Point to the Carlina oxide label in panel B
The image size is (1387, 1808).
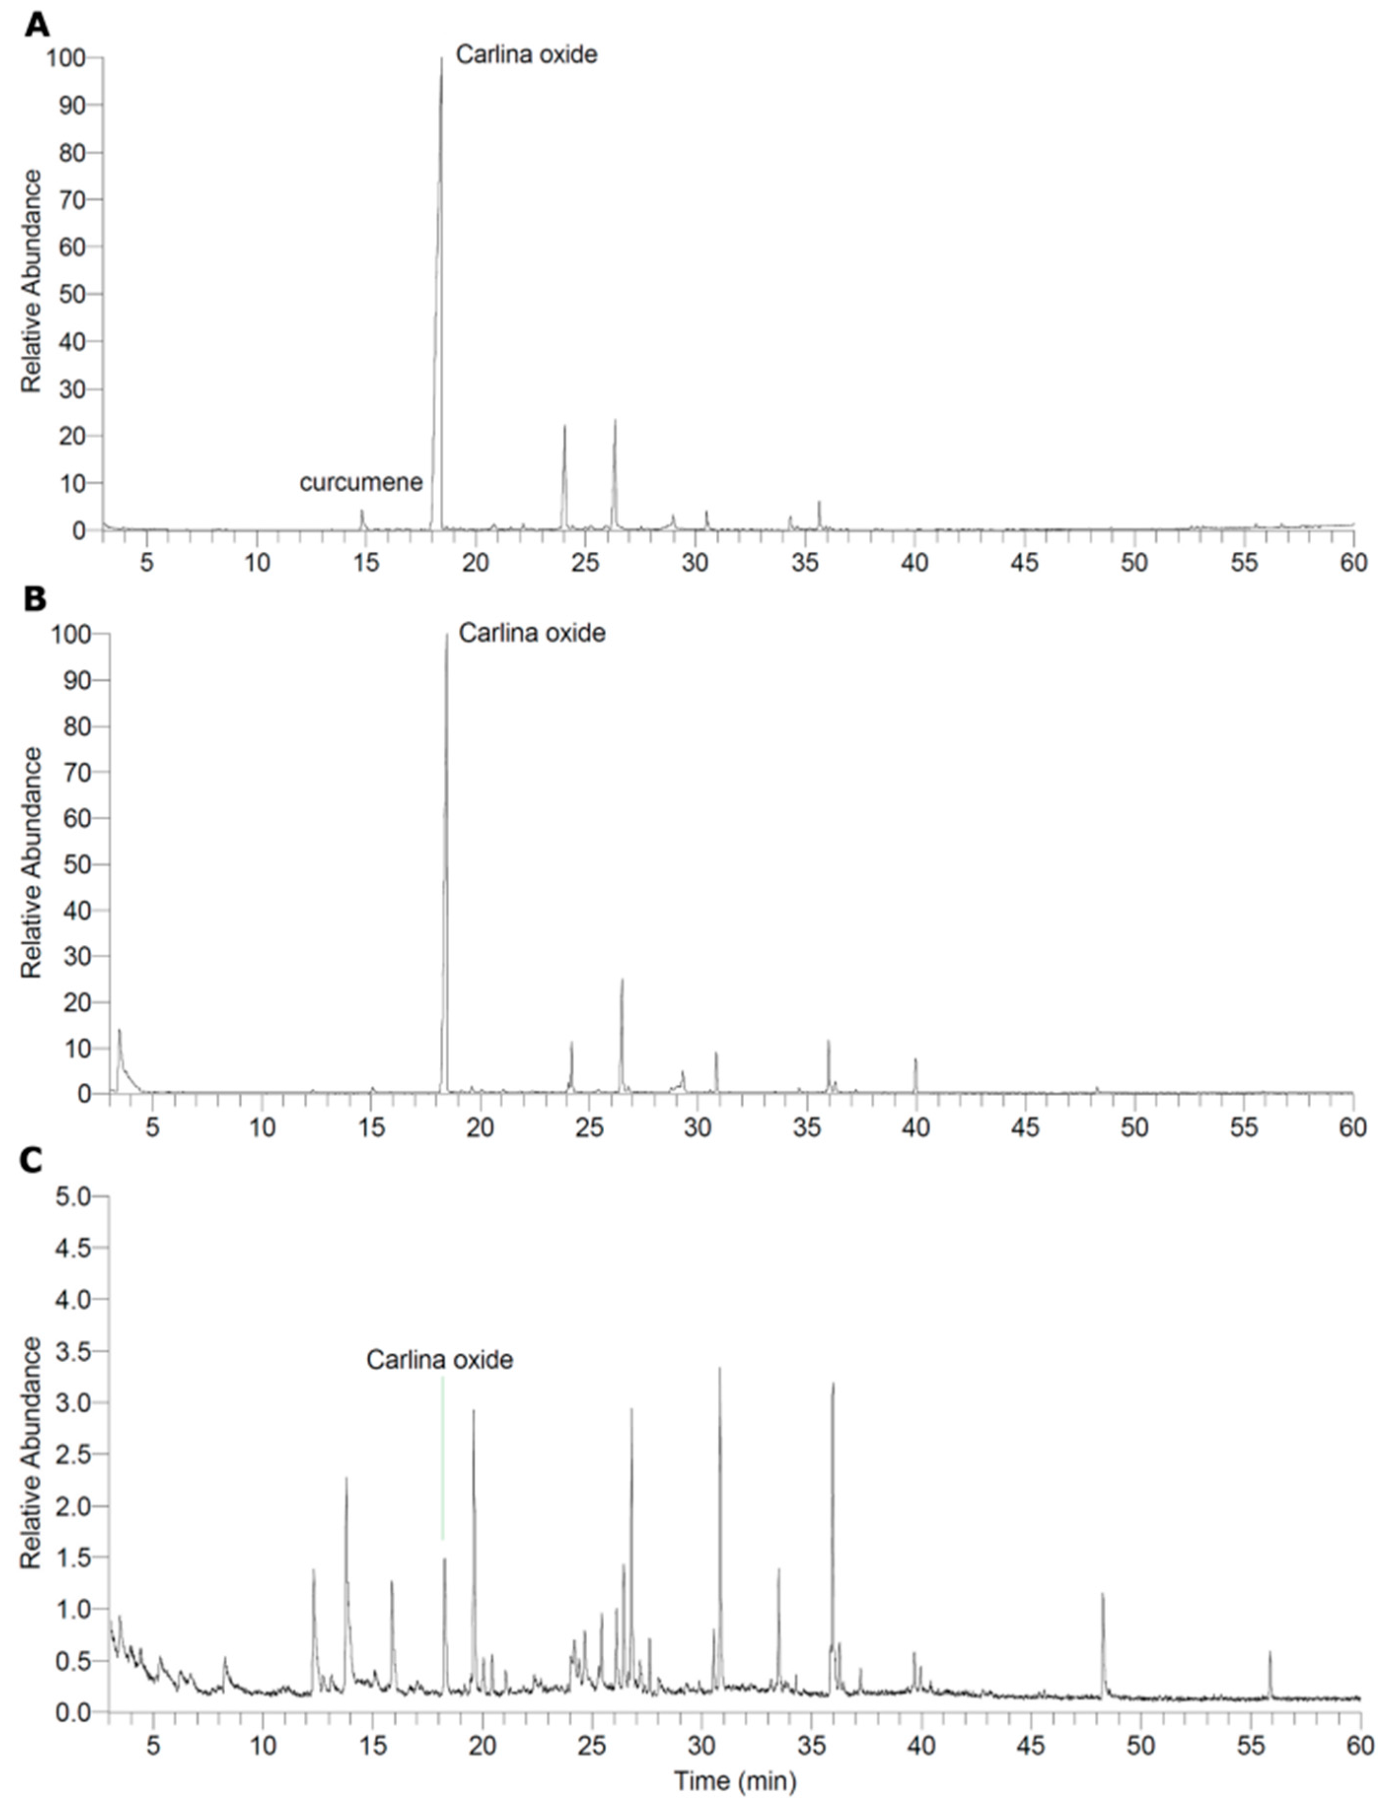click(x=532, y=633)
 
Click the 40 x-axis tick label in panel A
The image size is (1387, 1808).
click(x=915, y=563)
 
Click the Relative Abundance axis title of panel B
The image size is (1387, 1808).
click(x=32, y=862)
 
